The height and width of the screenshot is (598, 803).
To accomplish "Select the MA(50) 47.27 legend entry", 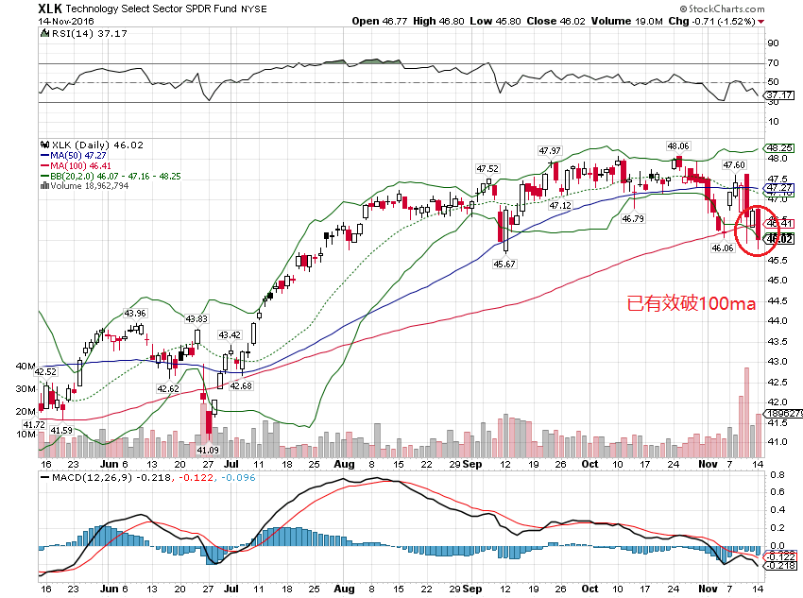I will (75, 155).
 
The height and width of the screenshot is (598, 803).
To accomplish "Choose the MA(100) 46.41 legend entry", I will (77, 164).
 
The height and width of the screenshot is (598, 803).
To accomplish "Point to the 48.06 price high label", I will (678, 146).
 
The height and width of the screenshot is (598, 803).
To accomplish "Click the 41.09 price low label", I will (208, 451).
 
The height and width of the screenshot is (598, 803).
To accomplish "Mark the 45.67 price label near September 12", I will (506, 264).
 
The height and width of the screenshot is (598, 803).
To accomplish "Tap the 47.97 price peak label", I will (550, 151).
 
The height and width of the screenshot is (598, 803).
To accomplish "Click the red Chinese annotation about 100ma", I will (692, 305).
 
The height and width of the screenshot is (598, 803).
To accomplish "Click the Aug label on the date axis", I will (344, 465).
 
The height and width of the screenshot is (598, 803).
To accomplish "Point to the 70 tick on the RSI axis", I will (772, 63).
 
